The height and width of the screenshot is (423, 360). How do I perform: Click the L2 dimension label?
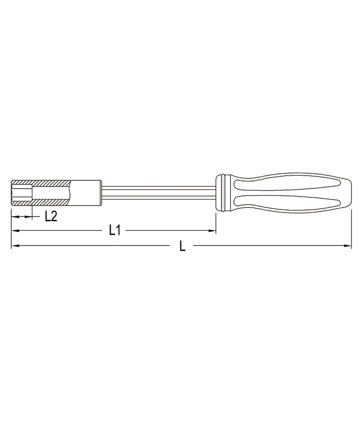click(50, 216)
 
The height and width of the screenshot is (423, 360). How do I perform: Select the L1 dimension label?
click(114, 231)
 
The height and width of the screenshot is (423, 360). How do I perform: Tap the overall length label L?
click(182, 246)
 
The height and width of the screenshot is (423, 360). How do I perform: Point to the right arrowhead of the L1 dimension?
click(213, 231)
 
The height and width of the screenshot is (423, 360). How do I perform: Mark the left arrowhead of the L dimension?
click(15, 246)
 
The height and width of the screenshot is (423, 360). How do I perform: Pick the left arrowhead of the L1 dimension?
click(15, 231)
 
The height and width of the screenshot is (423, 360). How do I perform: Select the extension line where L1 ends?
click(216, 223)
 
